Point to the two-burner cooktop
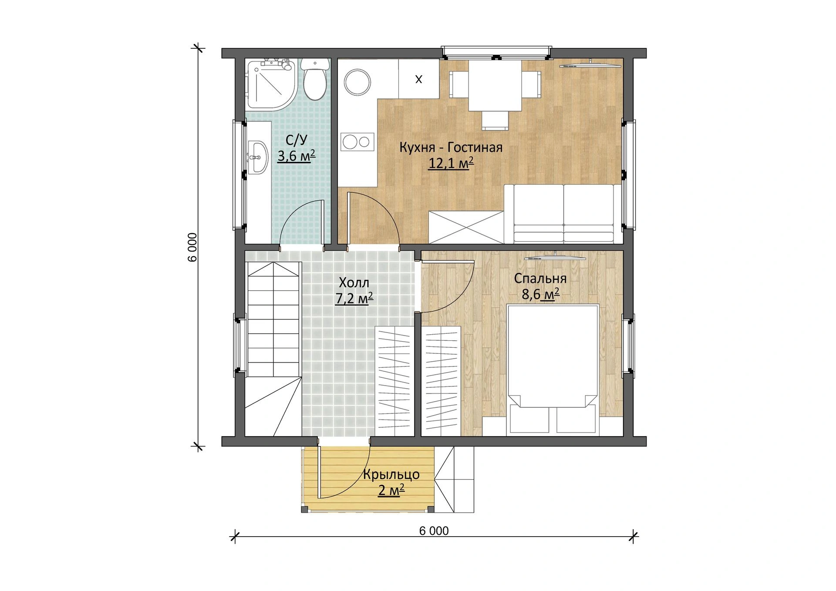357,141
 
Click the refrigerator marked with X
418,79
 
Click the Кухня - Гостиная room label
451,148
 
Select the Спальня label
540,279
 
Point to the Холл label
354,283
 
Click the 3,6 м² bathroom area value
297,155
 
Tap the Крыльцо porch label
391,474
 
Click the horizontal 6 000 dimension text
434,531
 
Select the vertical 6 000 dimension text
193,247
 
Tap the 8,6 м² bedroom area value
540,295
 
